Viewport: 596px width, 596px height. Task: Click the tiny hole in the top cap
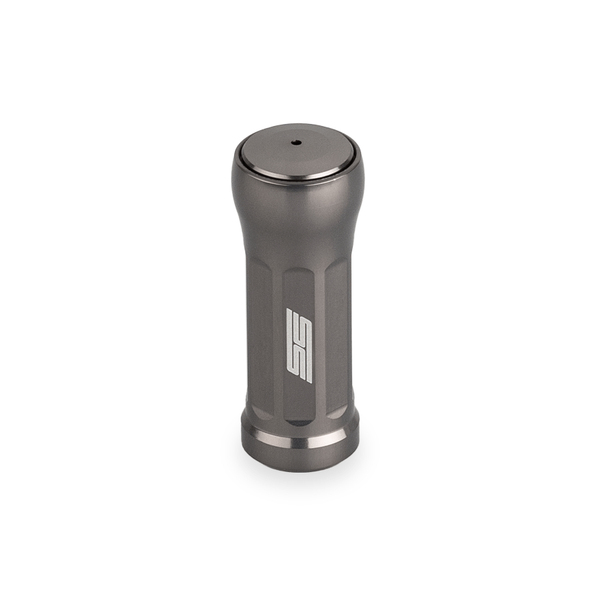pyautogui.click(x=296, y=143)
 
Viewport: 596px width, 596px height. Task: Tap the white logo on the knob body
pyautogui.click(x=299, y=345)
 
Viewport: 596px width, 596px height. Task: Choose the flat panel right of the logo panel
pyautogui.click(x=336, y=336)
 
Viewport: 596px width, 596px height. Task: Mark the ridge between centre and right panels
pyautogui.click(x=320, y=336)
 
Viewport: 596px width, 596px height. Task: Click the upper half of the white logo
pyautogui.click(x=299, y=325)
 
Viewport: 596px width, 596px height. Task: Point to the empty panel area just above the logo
pyautogui.click(x=299, y=291)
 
